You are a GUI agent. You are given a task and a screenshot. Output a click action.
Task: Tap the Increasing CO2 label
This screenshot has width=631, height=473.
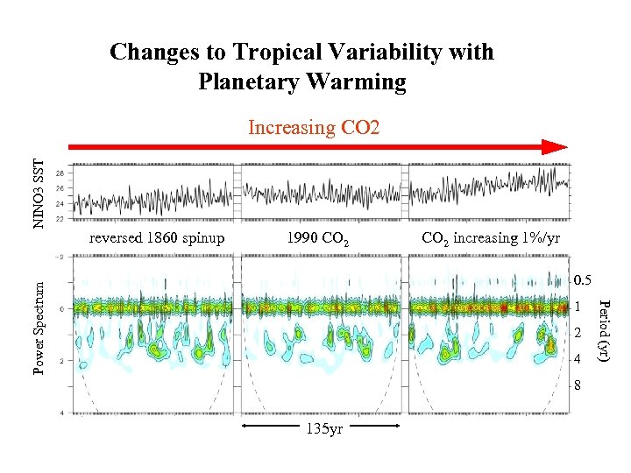(x=314, y=128)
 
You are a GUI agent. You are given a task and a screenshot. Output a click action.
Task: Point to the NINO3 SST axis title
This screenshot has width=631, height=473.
(x=38, y=194)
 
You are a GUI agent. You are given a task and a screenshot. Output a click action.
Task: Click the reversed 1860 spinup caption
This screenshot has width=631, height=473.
(x=157, y=238)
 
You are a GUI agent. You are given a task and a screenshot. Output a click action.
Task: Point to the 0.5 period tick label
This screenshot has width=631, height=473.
(x=584, y=281)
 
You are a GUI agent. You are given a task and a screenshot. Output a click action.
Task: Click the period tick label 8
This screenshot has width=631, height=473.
(x=578, y=385)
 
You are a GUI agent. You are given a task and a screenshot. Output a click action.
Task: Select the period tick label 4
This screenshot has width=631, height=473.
(x=578, y=360)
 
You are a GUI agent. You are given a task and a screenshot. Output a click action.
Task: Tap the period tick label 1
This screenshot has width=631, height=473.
(x=578, y=307)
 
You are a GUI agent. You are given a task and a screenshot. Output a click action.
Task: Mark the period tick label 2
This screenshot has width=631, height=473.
(x=578, y=334)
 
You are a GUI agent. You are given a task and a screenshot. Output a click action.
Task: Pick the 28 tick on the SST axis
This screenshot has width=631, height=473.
(x=59, y=174)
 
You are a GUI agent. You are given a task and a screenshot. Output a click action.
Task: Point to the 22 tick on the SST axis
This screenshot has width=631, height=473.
(x=59, y=218)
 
